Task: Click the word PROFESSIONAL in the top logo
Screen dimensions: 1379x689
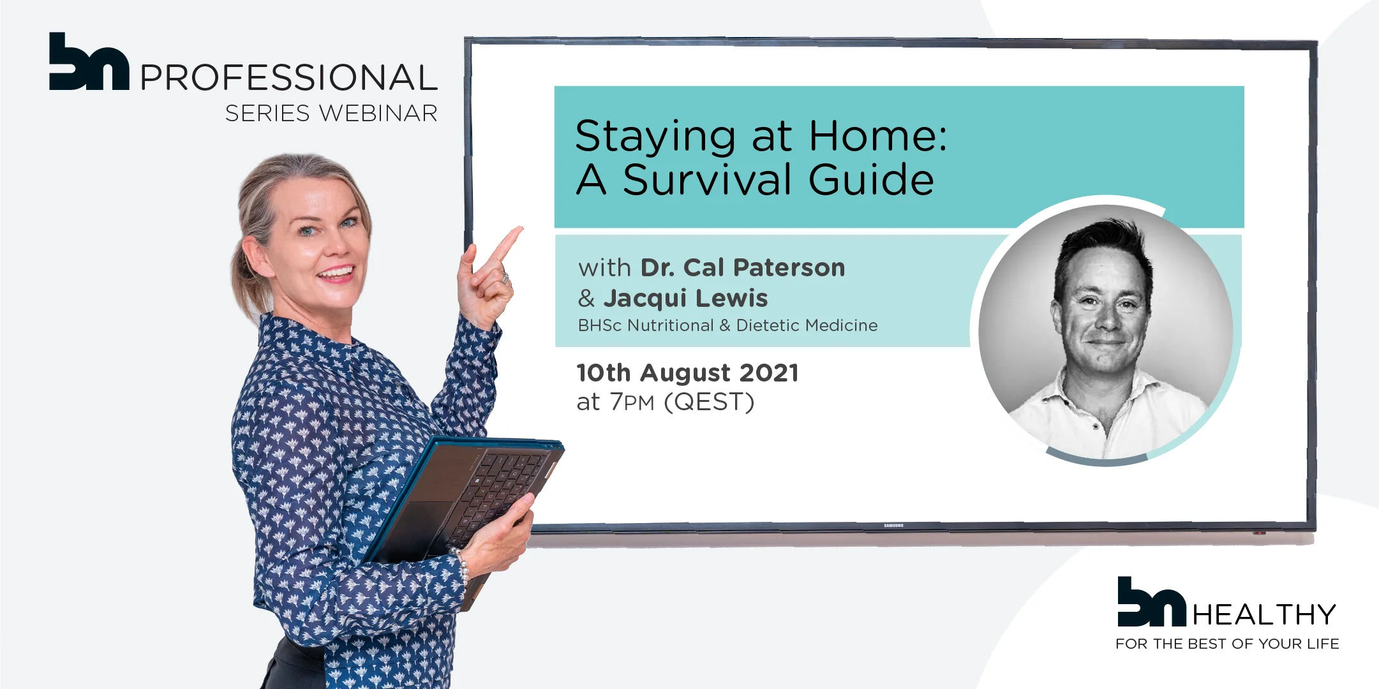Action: (288, 78)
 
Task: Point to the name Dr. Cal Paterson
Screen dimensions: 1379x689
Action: (743, 267)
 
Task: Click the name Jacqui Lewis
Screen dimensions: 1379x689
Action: (685, 298)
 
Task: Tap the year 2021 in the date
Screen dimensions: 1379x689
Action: (770, 373)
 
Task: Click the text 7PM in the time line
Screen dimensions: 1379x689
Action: (632, 403)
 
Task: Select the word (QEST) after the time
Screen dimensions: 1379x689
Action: (709, 403)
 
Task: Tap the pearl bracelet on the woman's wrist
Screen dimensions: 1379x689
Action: (461, 565)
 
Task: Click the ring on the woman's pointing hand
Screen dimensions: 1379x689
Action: (504, 278)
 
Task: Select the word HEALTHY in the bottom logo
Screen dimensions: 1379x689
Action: (1264, 615)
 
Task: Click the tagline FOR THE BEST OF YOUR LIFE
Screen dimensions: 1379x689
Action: (1227, 644)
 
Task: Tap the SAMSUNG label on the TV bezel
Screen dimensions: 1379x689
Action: (893, 526)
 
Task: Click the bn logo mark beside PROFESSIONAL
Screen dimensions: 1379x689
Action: (89, 61)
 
